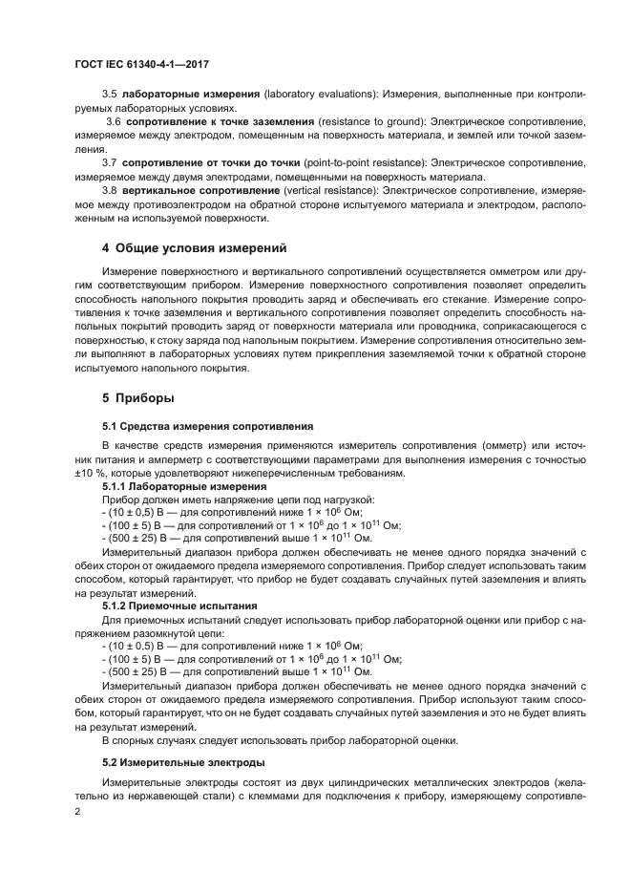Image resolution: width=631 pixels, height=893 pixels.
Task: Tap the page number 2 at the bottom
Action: pyautogui.click(x=78, y=810)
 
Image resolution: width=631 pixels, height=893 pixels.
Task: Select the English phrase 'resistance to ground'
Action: pyautogui.click(x=371, y=123)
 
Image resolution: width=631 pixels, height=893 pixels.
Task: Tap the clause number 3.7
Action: pyautogui.click(x=110, y=162)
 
